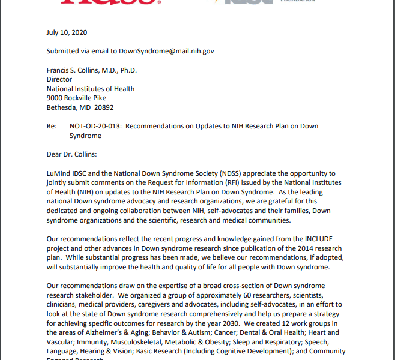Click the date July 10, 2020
pyautogui.click(x=67, y=32)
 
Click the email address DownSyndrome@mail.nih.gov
pyautogui.click(x=166, y=52)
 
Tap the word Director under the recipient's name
pyautogui.click(x=59, y=80)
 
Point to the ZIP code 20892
pyautogui.click(x=103, y=108)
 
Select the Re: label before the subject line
pyautogui.click(x=52, y=127)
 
